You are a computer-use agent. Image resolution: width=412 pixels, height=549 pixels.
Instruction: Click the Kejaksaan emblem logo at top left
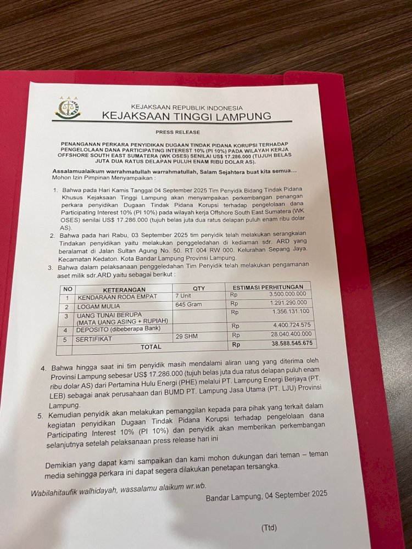[68, 109]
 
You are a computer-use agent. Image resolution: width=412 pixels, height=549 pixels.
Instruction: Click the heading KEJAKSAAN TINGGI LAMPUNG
[186, 116]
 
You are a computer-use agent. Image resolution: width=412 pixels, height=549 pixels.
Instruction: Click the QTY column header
[198, 288]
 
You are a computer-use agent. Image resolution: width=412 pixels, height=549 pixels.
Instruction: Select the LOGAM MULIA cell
[97, 306]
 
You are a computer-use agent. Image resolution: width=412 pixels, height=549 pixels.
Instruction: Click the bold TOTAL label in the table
[151, 347]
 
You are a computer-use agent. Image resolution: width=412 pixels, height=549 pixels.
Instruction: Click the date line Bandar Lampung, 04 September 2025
[266, 494]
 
